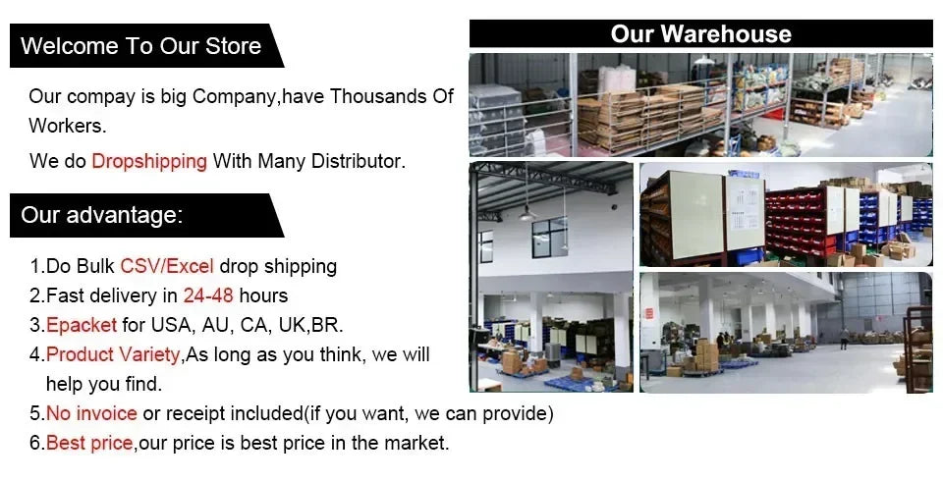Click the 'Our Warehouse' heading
coord(700,33)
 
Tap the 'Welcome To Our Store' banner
coord(146,46)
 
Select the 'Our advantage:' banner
coord(146,215)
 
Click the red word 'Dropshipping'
coord(149,161)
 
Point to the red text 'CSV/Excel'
coord(167,266)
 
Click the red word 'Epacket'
coord(82,325)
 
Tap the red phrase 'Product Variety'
coord(113,354)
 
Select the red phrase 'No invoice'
coord(91,413)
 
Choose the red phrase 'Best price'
coord(89,444)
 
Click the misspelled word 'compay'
coord(101,97)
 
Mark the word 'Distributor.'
coord(359,161)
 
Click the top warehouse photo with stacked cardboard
coord(700,105)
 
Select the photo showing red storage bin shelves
coord(786,214)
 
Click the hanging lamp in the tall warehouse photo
coord(527,213)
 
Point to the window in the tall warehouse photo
coord(550,237)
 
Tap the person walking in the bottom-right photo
coord(845,338)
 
